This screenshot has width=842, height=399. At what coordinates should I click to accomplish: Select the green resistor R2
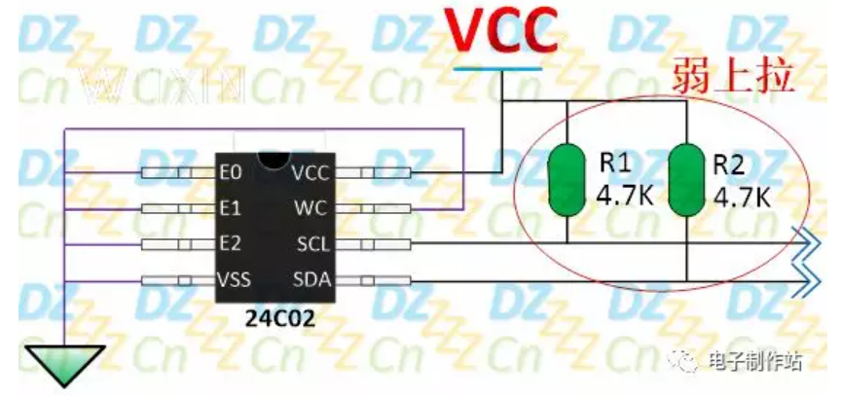point(687,180)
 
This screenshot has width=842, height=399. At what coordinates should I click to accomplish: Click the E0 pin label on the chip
point(230,173)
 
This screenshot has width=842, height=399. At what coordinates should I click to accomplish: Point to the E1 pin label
point(230,208)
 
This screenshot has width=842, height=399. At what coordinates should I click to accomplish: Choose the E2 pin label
point(230,243)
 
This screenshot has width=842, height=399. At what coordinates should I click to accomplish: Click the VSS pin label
point(235,280)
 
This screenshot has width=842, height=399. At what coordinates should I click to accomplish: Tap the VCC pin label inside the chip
point(312,173)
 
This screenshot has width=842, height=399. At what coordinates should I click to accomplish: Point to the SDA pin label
point(314,280)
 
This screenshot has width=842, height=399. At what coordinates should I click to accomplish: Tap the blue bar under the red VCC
point(497,67)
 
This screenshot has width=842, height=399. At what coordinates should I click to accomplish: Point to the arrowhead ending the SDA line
point(806,281)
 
